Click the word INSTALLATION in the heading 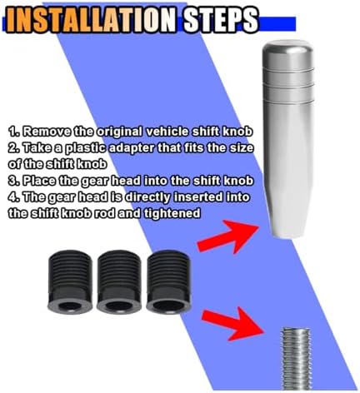[x=92, y=20]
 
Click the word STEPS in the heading [x=221, y=20]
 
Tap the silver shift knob [x=288, y=138]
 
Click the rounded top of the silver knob [x=288, y=48]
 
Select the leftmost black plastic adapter [x=70, y=281]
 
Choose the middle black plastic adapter [x=119, y=281]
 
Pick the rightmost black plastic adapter [x=168, y=281]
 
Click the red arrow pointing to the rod [x=232, y=323]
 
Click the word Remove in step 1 [x=47, y=132]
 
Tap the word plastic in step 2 [x=85, y=148]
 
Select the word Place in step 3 [x=39, y=181]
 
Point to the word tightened [x=172, y=214]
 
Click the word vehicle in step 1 [x=167, y=132]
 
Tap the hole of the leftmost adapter [x=70, y=306]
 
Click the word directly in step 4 [x=147, y=198]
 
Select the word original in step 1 [x=120, y=132]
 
